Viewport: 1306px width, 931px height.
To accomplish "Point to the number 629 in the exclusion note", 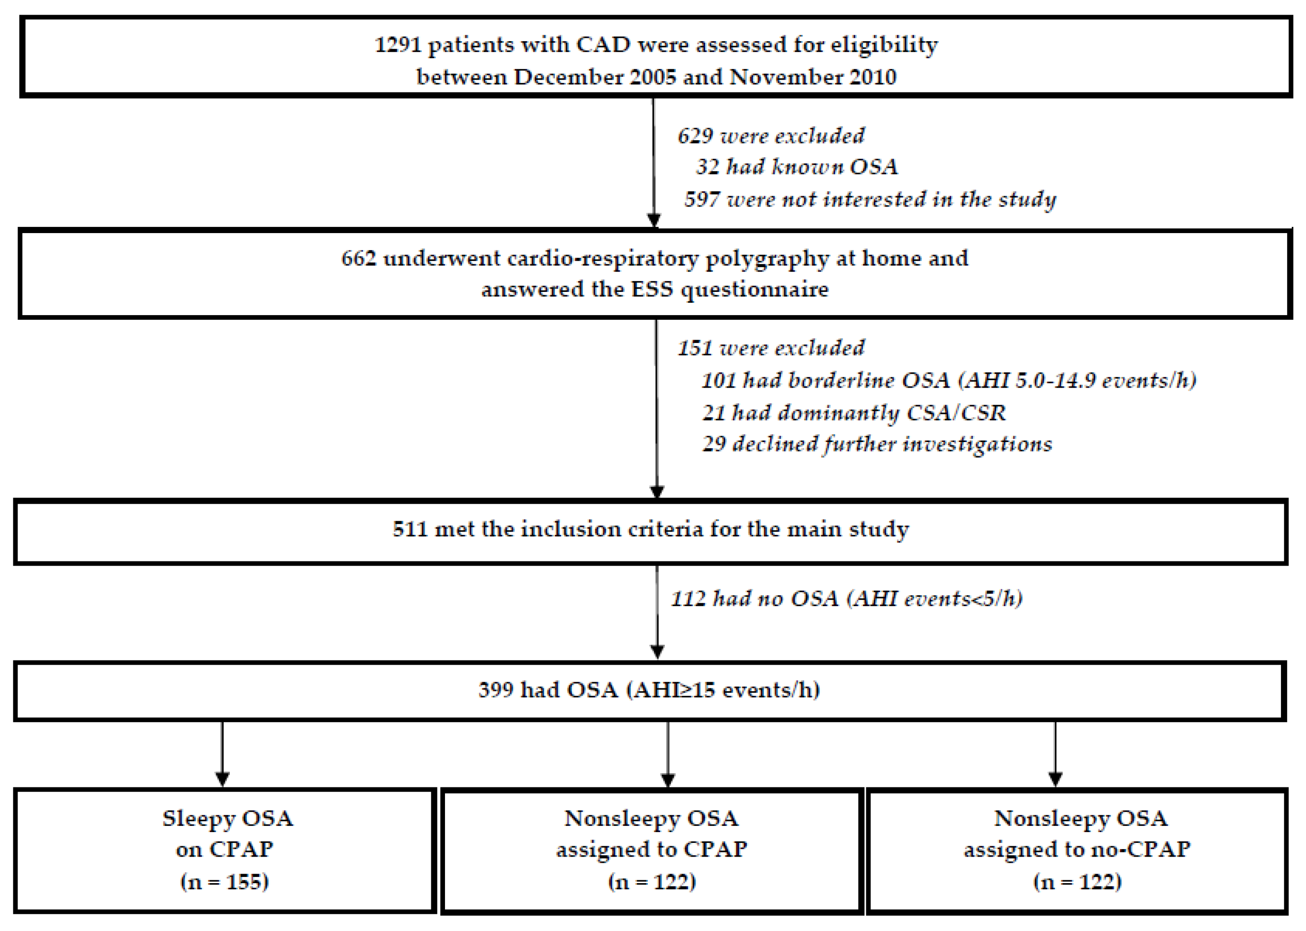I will click(695, 136).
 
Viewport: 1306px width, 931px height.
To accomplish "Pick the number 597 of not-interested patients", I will click(702, 199).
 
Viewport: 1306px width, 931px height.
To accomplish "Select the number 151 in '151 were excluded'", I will click(695, 348).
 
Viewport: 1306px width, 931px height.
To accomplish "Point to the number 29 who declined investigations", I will click(714, 444).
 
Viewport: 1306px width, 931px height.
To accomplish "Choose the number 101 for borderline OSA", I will click(719, 380).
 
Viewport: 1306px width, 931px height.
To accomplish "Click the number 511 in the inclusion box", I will click(410, 529).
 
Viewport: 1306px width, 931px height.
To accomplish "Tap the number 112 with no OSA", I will click(688, 598).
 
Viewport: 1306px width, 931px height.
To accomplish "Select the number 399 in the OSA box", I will click(496, 689).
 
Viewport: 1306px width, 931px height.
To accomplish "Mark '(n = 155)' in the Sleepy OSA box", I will click(225, 881).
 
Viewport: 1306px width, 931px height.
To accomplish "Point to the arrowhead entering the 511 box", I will click(657, 492).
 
